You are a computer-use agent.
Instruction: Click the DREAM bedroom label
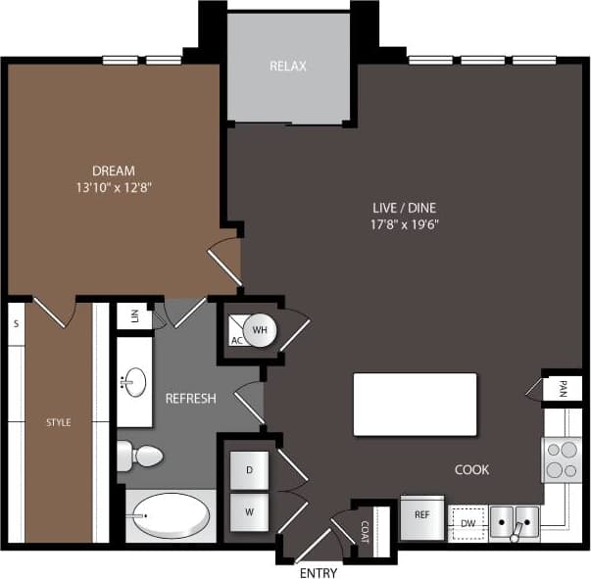click(x=114, y=169)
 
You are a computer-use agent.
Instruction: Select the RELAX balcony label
click(x=288, y=67)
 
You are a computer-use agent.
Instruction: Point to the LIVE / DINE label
click(x=404, y=208)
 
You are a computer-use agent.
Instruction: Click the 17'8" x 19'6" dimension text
click(x=404, y=224)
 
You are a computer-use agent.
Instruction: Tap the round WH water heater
click(x=261, y=329)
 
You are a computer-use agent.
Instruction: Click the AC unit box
click(x=236, y=332)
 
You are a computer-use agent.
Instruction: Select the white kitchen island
click(x=415, y=404)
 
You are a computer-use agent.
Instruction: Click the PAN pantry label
click(x=562, y=387)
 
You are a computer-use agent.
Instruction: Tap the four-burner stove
click(x=562, y=458)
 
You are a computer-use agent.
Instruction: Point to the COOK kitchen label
click(x=471, y=469)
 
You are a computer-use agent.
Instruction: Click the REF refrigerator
click(x=422, y=515)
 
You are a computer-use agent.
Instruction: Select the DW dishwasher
click(x=468, y=523)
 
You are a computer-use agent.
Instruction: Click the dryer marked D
click(x=249, y=470)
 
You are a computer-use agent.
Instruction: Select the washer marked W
click(x=249, y=510)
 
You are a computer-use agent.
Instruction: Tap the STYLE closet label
click(x=59, y=422)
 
